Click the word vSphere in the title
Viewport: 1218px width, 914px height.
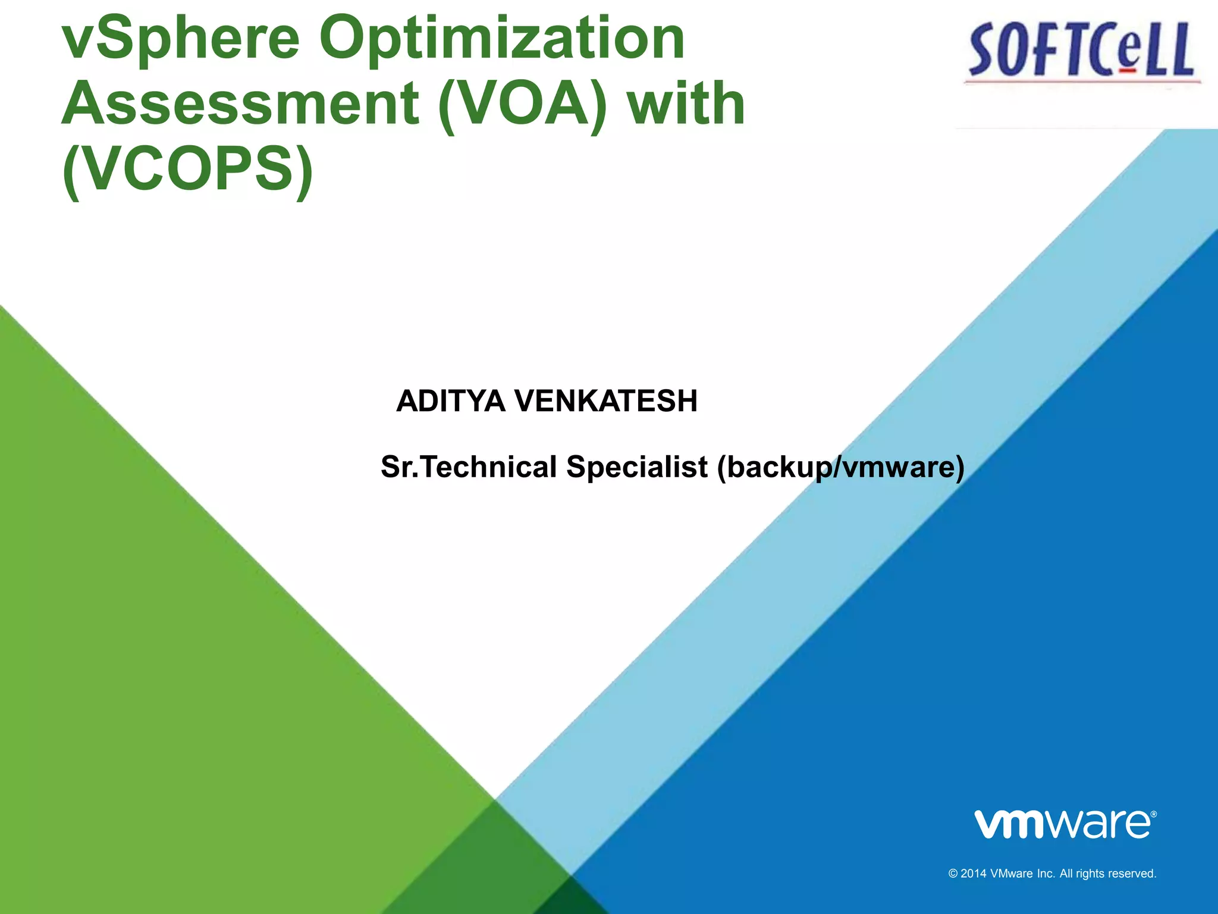point(181,39)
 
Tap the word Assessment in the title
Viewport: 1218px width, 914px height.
point(240,105)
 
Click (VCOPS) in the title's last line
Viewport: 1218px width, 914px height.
point(187,170)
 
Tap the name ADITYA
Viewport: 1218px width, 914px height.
point(451,401)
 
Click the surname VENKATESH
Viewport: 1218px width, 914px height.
point(606,401)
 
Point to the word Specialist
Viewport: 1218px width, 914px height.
point(637,467)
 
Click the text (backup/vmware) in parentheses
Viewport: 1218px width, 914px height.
point(840,467)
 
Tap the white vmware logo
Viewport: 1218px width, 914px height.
point(1062,825)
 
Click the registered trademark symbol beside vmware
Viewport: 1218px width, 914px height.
point(1153,814)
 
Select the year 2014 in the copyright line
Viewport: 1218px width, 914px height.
point(974,874)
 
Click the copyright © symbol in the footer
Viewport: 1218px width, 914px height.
point(953,874)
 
